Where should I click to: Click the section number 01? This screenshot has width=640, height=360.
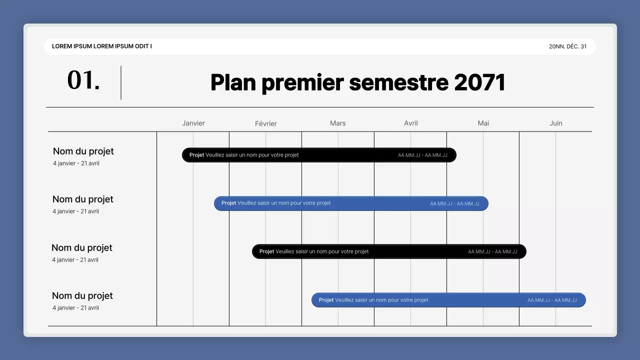pos(83,80)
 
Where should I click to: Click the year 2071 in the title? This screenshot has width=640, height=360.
pos(479,82)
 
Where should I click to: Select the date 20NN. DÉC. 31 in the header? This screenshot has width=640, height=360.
pos(567,46)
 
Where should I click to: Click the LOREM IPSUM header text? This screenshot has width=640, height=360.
pos(102,46)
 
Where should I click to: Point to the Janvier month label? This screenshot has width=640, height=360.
pos(193,123)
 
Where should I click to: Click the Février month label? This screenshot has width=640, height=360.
pos(265,123)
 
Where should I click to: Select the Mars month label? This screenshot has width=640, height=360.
pos(337,123)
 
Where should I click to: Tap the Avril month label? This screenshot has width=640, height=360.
pos(410,123)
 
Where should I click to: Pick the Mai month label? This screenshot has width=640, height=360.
pos(483,123)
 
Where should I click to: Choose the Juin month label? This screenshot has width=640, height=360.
pos(555,123)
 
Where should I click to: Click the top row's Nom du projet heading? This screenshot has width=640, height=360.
pos(83,151)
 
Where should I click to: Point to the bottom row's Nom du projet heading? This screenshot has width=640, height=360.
pos(82,296)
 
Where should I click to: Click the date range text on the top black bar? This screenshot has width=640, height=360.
pos(422,155)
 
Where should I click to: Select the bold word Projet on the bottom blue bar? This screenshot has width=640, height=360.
pos(326,300)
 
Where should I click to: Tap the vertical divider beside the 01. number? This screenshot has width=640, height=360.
pos(121,82)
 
